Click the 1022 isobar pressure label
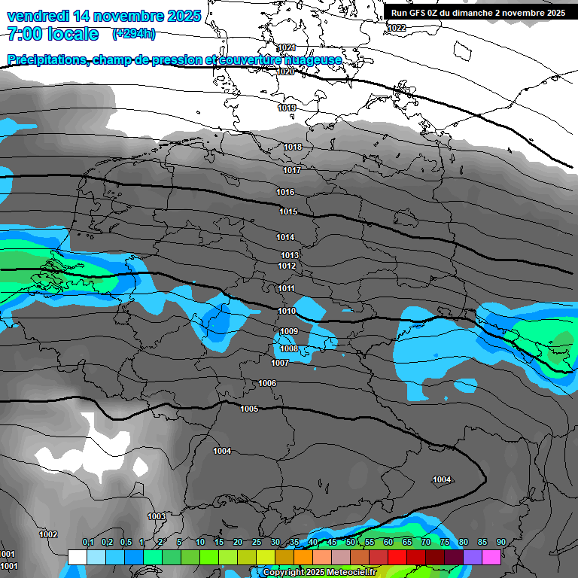tap(397, 28)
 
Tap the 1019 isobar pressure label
tap(287, 108)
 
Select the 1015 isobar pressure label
tap(288, 212)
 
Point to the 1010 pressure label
tap(287, 311)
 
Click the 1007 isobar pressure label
tap(280, 364)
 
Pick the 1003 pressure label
tap(157, 516)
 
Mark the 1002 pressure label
tap(48, 534)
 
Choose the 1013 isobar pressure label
tap(290, 255)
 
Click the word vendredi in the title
tap(38, 16)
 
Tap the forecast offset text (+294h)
tap(134, 33)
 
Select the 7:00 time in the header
tap(25, 34)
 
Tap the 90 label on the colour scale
tap(501, 542)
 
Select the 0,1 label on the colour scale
tap(88, 542)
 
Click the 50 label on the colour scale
tap(351, 542)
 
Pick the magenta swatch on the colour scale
tap(491, 557)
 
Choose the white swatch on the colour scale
tap(77, 557)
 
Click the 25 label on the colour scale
tap(257, 542)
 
